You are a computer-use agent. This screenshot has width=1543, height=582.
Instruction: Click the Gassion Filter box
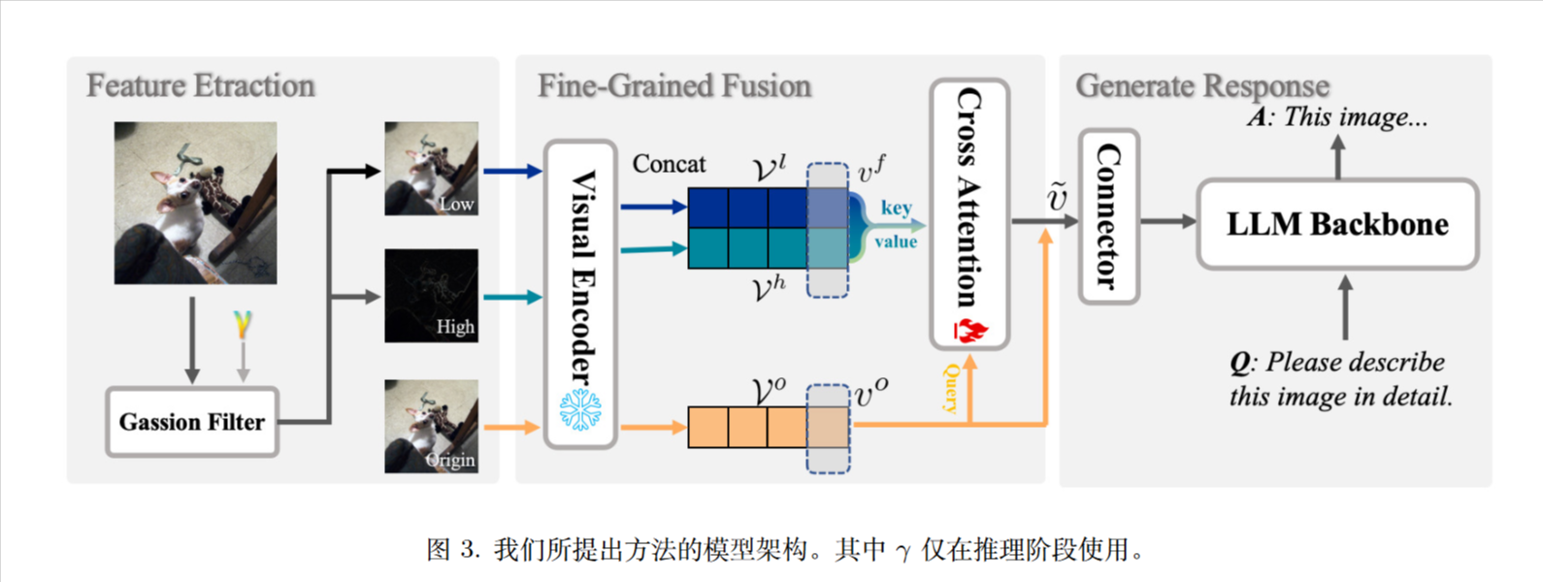[x=192, y=422]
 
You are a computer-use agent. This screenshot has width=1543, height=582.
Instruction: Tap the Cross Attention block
[x=969, y=213]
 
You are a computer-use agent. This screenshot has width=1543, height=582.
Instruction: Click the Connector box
[x=1109, y=216]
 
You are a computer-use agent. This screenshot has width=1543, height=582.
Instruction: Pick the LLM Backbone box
[x=1337, y=224]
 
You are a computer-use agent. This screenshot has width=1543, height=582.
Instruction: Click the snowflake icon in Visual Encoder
[x=580, y=410]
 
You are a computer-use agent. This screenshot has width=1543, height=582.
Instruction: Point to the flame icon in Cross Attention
[x=969, y=329]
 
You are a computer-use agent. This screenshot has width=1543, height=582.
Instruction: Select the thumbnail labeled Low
[x=431, y=168]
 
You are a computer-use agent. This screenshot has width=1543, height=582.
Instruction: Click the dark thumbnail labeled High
[x=431, y=295]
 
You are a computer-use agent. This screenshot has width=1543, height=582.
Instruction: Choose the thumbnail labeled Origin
[x=431, y=426]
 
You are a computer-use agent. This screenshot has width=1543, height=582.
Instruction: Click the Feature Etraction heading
[x=201, y=85]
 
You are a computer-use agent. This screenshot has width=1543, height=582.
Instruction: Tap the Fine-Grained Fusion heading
[x=674, y=85]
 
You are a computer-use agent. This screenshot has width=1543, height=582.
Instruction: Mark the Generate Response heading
[x=1202, y=85]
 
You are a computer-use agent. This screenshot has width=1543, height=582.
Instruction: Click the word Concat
[x=669, y=164]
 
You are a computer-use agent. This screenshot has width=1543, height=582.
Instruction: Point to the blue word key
[x=896, y=208]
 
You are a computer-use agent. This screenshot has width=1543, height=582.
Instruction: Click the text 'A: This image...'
[x=1337, y=117]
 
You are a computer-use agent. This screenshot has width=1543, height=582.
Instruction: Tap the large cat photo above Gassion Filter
[x=195, y=203]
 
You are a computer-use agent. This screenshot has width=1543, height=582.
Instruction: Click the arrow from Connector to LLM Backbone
[x=1167, y=221]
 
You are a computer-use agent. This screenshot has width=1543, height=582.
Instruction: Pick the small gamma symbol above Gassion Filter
[x=242, y=323]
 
